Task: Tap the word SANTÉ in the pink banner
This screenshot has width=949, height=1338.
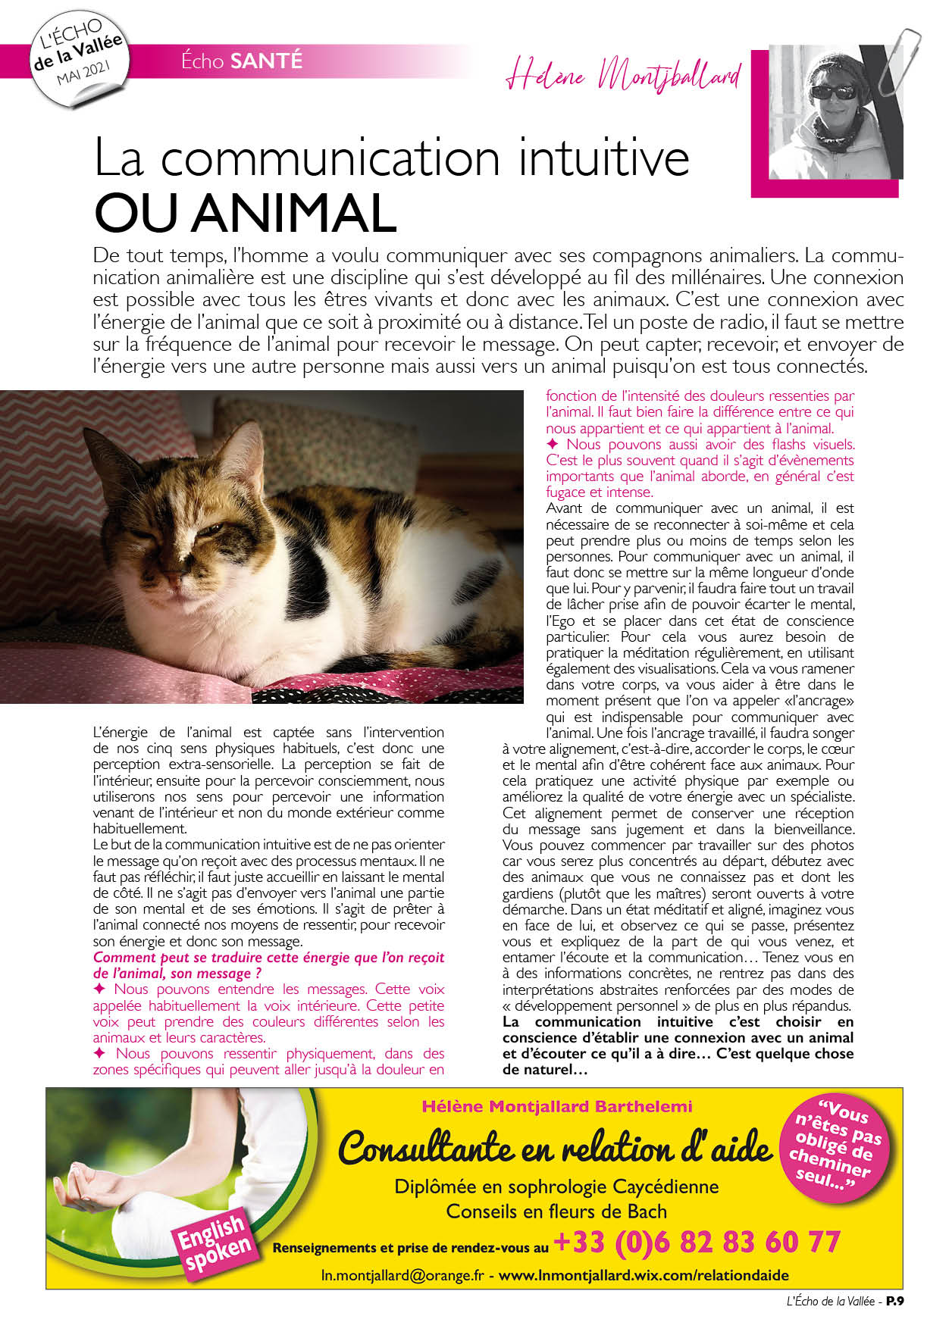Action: click(265, 61)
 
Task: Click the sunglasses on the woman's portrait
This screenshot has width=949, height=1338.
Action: click(832, 92)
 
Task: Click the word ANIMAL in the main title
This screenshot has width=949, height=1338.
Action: click(293, 214)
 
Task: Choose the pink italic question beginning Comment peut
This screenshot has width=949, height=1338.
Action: click(268, 965)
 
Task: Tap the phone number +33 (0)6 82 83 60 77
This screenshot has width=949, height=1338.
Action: click(697, 1242)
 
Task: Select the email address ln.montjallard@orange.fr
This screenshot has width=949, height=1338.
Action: click(402, 1275)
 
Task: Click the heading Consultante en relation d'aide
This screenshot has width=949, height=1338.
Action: click(555, 1149)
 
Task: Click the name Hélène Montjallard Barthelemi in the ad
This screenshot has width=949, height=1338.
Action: click(556, 1106)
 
